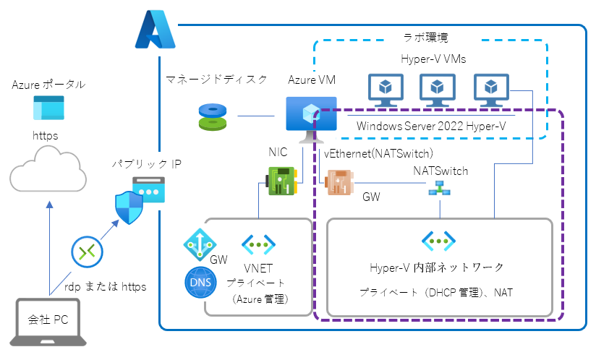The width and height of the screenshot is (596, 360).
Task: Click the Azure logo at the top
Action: (x=155, y=30)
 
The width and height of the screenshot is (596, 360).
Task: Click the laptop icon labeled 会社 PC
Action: (x=48, y=322)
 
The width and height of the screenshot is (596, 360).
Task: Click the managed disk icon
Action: (x=217, y=116)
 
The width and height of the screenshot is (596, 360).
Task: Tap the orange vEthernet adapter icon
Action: (x=339, y=181)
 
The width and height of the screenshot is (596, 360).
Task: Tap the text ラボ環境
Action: (x=430, y=38)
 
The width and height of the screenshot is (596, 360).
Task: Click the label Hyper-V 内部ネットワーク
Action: (x=437, y=268)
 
